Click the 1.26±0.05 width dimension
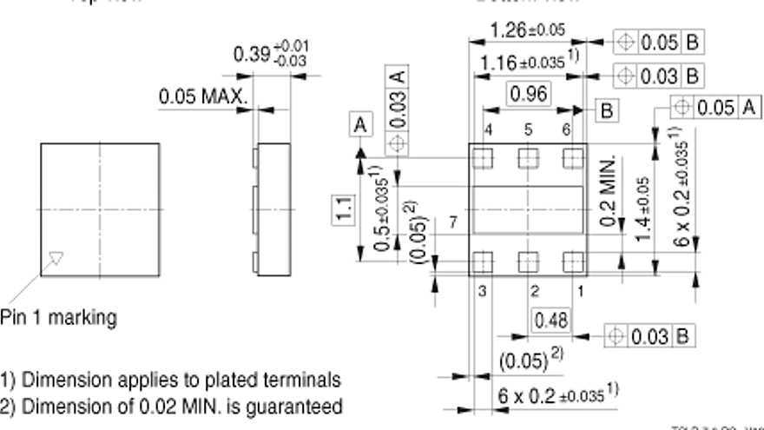527,31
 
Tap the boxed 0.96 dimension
527,93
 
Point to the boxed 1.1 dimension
345,209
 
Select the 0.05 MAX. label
202,96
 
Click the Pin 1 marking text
58,317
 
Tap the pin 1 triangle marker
57,257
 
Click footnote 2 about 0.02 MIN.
172,406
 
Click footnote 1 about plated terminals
171,380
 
